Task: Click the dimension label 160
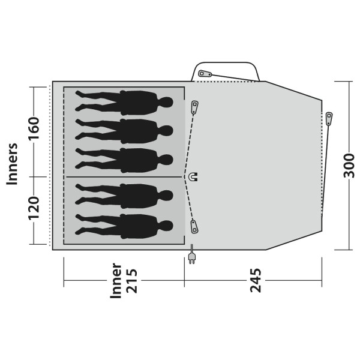[x=34, y=128]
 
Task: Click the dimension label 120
[x=34, y=208]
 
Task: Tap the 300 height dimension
[x=349, y=166]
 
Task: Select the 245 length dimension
[x=256, y=280]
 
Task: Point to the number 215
[x=132, y=281]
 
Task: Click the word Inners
[x=12, y=164]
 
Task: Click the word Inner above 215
[x=116, y=281]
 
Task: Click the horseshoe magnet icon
[x=193, y=177]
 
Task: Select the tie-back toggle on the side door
[x=205, y=73]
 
